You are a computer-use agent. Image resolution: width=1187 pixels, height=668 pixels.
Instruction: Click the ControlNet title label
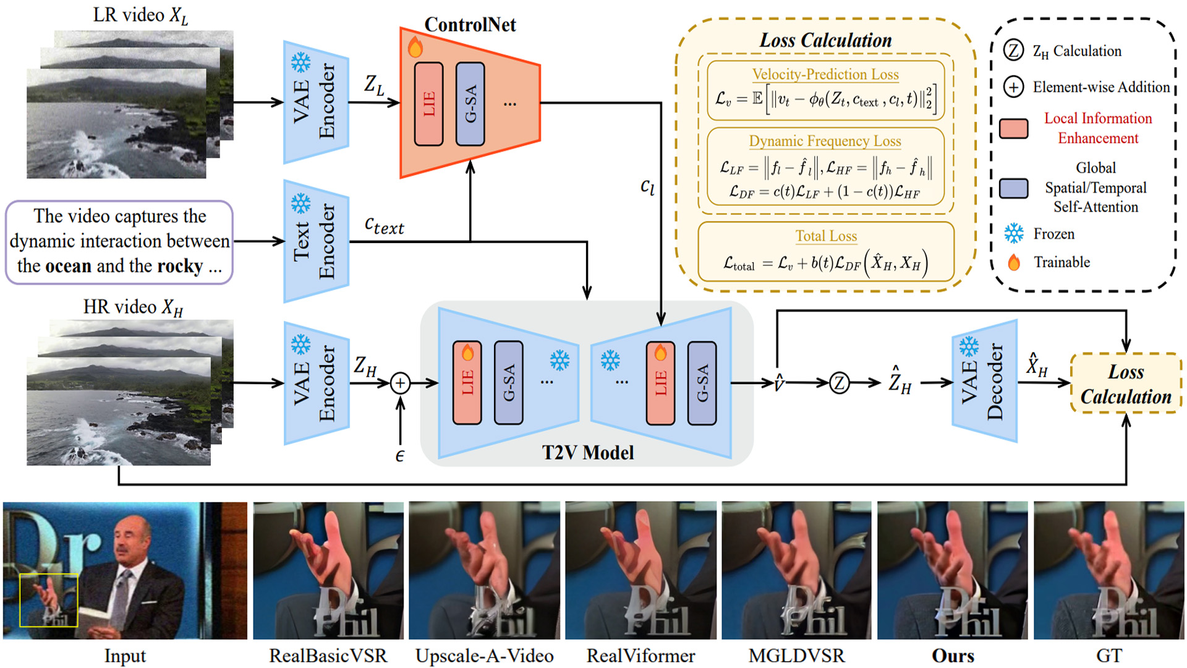(470, 25)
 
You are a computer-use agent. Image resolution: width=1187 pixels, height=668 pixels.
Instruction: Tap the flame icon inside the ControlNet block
(415, 47)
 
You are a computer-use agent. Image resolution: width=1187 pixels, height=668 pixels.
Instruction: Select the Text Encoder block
(316, 241)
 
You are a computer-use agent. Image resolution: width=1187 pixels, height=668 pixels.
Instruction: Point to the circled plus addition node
(400, 383)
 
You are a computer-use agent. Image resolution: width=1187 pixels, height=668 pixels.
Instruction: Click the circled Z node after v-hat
(839, 383)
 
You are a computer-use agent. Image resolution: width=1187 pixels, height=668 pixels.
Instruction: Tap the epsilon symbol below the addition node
(399, 456)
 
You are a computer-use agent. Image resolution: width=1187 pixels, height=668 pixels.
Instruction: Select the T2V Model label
(587, 453)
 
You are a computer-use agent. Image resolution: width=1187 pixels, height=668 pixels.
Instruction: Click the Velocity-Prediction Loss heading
(825, 75)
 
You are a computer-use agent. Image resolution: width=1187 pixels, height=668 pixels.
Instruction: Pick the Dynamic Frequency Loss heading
(825, 142)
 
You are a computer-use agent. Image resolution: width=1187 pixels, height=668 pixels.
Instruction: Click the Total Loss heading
(826, 236)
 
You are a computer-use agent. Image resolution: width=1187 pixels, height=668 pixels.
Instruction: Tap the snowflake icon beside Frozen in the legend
(1014, 234)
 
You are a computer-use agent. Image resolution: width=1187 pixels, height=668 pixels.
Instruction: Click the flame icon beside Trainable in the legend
(1014, 263)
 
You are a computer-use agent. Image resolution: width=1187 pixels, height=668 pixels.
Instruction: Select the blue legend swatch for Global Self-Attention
(1014, 188)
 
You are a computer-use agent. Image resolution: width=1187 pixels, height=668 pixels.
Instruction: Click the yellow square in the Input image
(48, 600)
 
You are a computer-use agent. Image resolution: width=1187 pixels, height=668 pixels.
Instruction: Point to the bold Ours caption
(953, 656)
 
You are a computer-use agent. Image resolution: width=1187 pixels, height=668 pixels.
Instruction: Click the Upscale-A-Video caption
(484, 656)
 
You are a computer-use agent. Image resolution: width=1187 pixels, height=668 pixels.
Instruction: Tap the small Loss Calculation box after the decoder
(1125, 383)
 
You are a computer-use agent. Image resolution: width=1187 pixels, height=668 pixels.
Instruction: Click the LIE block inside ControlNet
(428, 104)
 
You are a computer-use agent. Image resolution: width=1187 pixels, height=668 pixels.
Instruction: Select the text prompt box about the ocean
(119, 242)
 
